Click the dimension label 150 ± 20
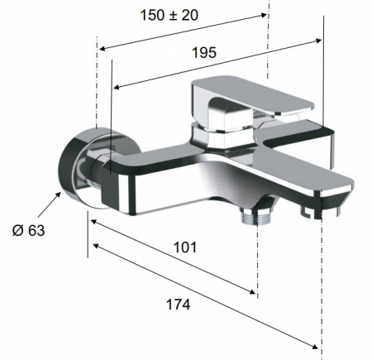[x=169, y=15]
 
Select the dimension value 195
[x=204, y=52]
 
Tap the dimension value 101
[x=185, y=247]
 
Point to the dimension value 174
[x=179, y=305]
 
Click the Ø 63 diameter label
[x=28, y=230]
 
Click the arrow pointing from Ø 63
[x=49, y=204]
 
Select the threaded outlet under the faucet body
[x=257, y=215]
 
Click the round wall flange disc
[x=83, y=167]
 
